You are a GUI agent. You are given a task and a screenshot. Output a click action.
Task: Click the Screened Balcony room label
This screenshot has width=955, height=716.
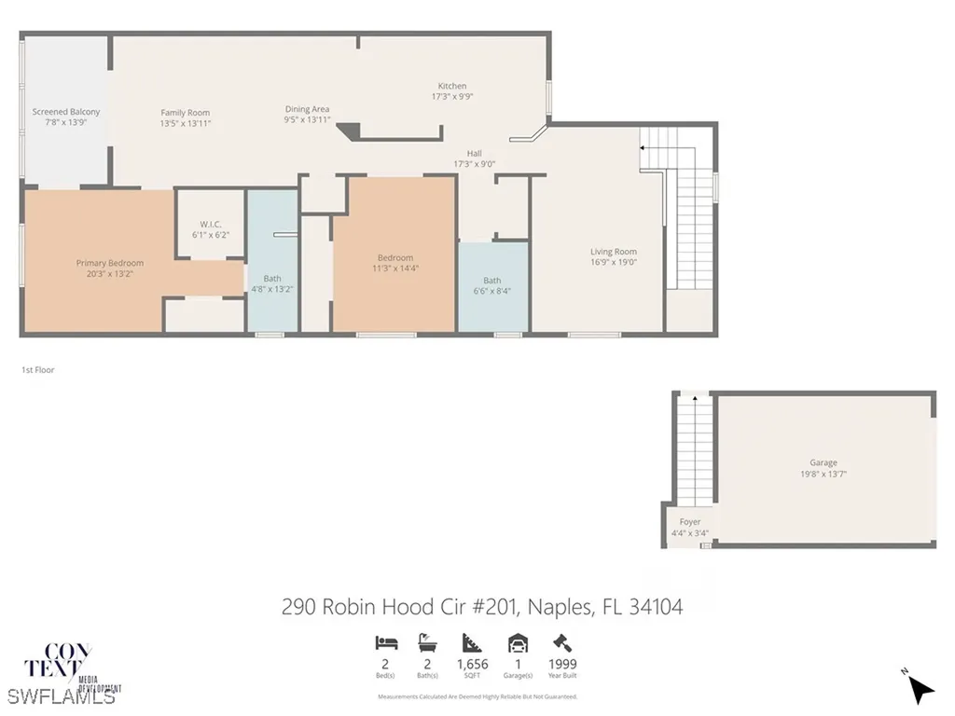pos(65,112)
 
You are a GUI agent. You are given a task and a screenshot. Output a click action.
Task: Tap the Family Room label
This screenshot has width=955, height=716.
pos(185,113)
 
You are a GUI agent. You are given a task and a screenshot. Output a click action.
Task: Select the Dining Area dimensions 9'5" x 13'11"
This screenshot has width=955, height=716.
pos(307,120)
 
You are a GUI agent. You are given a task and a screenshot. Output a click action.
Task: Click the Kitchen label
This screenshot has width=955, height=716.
pos(452,86)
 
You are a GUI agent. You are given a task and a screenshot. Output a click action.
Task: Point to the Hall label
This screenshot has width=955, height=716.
pos(475,154)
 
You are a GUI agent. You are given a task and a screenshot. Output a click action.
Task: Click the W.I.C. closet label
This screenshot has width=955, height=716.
pos(209,224)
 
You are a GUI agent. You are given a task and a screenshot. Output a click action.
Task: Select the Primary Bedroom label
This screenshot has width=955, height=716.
pos(111,263)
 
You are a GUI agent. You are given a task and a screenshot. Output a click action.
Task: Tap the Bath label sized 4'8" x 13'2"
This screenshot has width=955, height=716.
pos(271,278)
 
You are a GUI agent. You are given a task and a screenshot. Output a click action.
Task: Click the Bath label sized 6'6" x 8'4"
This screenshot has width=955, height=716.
pos(491,281)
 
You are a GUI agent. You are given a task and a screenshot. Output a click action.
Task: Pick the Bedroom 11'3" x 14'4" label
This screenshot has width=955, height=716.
pos(394,258)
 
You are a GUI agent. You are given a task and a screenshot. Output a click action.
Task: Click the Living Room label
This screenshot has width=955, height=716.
pos(613,252)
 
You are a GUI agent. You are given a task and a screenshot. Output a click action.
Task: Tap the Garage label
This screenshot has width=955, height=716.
pos(823,462)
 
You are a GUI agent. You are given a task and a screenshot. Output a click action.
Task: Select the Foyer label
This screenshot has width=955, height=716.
pos(689,522)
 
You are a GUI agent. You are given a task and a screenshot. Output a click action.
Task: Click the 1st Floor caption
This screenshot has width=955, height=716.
pos(38,370)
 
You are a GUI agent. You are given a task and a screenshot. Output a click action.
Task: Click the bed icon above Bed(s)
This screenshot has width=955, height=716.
pos(386,642)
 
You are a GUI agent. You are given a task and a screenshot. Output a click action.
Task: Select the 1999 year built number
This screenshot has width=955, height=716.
pos(561,665)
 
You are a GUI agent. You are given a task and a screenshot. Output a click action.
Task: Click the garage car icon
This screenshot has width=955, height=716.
pos(518,642)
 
